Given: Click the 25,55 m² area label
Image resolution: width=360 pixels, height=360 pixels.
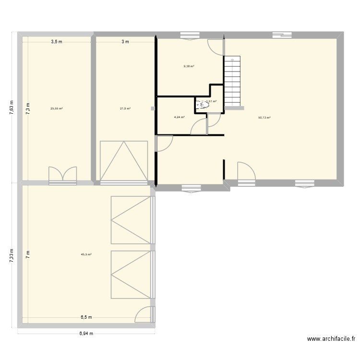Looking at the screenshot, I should [57, 108].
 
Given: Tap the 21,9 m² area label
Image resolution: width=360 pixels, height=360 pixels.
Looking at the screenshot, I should [125, 108].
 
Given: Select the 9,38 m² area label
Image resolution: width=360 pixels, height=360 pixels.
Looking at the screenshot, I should [189, 66].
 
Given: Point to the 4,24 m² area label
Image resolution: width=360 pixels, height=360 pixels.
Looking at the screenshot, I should [179, 117].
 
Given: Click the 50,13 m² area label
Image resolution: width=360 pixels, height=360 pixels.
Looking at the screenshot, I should [264, 117].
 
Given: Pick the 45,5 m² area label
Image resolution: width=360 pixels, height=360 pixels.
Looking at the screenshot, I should [86, 254].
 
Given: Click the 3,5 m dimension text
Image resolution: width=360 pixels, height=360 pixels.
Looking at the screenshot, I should [57, 42].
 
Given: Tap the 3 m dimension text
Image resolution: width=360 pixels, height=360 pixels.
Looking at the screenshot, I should [125, 42].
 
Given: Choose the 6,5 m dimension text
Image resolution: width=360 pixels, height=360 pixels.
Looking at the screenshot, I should [86, 317].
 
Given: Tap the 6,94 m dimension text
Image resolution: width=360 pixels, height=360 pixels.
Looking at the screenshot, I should [86, 334].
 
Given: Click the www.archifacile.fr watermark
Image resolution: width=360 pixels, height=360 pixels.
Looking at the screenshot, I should [331, 339].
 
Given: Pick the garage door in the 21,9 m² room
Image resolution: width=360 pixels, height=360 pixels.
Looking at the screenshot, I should [123, 160].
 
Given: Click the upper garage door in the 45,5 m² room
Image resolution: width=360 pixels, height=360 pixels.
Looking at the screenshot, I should [130, 220].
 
